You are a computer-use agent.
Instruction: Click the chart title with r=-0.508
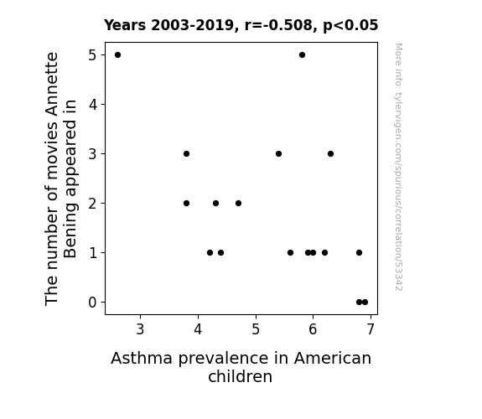pos(241,25)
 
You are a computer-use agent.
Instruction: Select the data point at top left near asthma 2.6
pos(117,55)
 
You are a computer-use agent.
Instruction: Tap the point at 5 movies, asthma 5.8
pos(302,55)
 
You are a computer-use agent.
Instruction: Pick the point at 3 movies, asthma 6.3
pos(330,153)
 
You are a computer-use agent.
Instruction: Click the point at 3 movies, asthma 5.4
pos(278,153)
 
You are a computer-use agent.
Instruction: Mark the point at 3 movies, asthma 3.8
pos(186,153)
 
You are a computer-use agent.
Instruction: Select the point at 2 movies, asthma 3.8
pos(186,203)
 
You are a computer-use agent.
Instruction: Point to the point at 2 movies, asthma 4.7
pos(238,203)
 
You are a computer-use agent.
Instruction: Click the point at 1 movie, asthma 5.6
pos(290,253)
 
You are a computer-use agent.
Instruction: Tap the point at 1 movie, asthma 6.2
pos(324,253)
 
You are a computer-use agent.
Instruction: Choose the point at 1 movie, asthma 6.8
pos(359,253)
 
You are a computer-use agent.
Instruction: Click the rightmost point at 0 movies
pos(365,303)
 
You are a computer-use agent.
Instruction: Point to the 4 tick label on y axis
pos(93,105)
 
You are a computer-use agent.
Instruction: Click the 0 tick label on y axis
pos(92,303)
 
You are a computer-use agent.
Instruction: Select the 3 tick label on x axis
pos(140,329)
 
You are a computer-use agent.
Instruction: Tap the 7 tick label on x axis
pos(371,329)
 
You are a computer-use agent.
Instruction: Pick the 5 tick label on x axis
pos(256,329)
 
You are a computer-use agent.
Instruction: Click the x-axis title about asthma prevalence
pos(241,367)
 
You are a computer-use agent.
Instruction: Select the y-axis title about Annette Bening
pos(60,178)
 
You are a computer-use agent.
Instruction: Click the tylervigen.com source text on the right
pos(398,167)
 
